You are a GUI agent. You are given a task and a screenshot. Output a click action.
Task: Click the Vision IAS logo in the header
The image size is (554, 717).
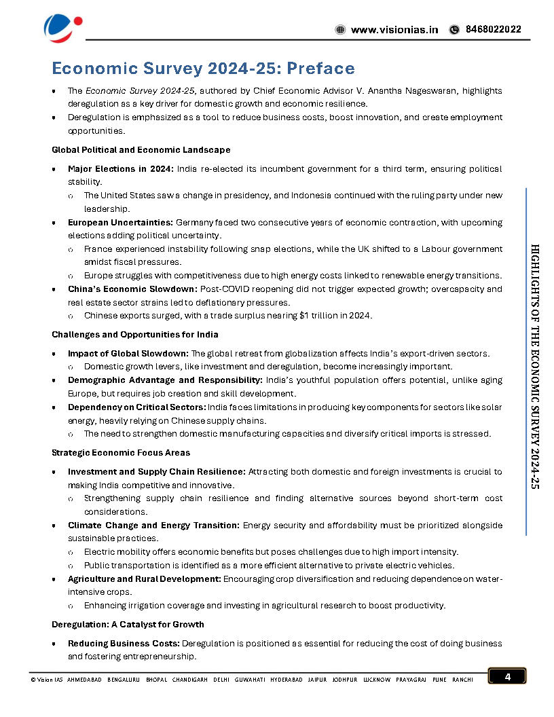[x=62, y=26]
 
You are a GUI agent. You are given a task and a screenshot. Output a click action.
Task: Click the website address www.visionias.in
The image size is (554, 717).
[x=394, y=30]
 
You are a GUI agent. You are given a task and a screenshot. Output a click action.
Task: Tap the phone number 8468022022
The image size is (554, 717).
[x=493, y=30]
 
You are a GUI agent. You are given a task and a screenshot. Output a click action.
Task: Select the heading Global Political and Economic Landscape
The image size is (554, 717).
[x=141, y=149]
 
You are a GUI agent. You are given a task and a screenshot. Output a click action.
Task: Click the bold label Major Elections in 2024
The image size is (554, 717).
[x=120, y=168]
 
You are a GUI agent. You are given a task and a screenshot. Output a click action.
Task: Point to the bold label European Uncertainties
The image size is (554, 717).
[x=120, y=222]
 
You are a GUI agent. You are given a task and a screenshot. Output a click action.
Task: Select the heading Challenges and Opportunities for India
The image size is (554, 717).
[x=134, y=335]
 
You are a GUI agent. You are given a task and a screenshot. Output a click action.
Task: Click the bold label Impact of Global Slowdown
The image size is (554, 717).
[x=128, y=354]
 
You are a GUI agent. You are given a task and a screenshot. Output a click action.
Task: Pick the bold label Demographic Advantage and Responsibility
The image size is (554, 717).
[x=164, y=380]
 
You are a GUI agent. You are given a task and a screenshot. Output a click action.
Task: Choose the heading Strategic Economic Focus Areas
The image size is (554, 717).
[x=121, y=452]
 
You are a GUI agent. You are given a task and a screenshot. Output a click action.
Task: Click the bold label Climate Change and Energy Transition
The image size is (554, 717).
[x=153, y=526]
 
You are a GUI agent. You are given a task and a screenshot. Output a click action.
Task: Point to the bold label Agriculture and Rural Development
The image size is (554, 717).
[x=144, y=579]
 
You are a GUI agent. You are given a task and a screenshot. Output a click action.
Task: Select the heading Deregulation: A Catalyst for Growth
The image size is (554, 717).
[x=128, y=625]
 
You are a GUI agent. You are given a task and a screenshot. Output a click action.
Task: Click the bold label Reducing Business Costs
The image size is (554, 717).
[x=124, y=644]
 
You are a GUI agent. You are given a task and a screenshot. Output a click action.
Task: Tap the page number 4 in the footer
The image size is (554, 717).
[x=506, y=676]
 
